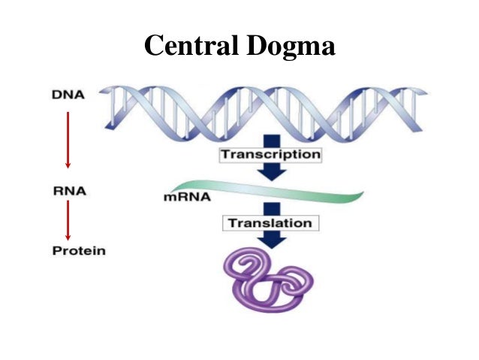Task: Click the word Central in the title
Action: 191,45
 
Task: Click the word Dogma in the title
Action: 291,47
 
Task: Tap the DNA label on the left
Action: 68,95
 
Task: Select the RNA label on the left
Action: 70,191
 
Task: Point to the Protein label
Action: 79,251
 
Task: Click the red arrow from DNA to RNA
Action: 68,140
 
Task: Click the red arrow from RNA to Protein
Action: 68,220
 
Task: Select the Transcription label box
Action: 271,155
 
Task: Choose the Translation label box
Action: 271,223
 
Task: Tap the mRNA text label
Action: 187,197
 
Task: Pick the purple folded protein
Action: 269,280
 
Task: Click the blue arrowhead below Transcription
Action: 272,174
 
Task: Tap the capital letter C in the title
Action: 154,45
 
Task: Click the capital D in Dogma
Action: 256,45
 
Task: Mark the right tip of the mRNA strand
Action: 363,192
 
